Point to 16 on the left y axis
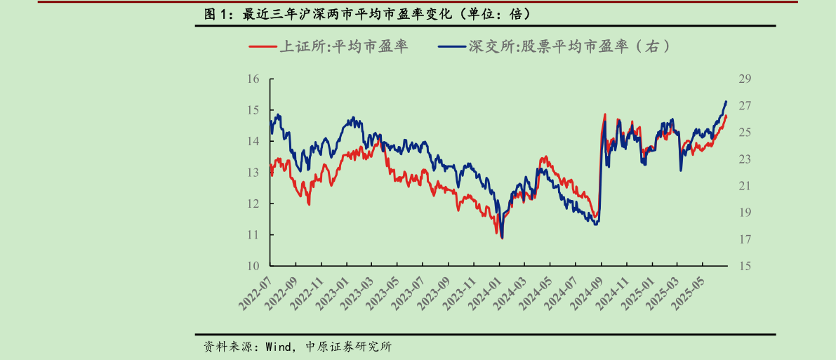click(x=253, y=79)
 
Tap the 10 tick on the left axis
click(x=253, y=266)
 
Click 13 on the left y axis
click(x=253, y=173)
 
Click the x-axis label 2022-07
click(x=256, y=293)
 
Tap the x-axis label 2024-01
click(x=484, y=293)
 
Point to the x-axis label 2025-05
click(x=688, y=293)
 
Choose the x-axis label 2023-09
click(x=434, y=293)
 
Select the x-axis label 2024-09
click(x=586, y=293)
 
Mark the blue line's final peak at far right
click(x=726, y=102)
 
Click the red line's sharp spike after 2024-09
click(x=604, y=114)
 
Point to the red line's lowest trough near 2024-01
click(x=502, y=239)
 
